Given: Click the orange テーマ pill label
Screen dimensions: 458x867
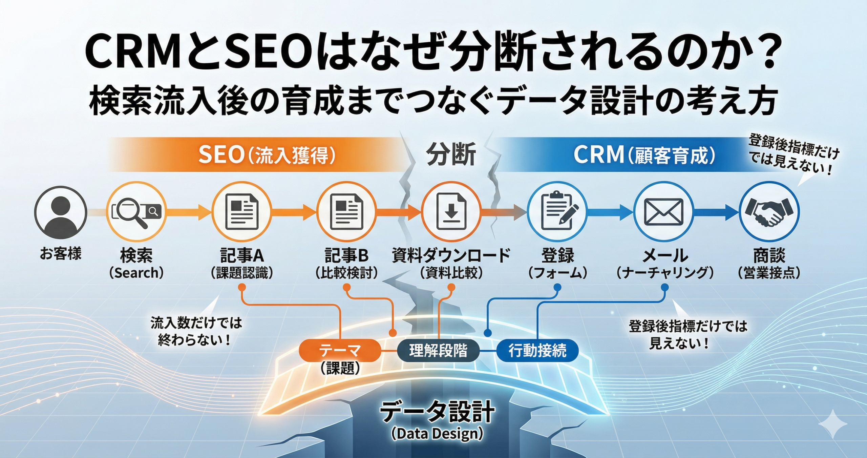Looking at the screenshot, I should point(340,350).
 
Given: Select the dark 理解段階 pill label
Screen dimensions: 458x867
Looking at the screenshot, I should point(438,350).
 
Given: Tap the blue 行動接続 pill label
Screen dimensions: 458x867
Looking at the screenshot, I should point(537,350).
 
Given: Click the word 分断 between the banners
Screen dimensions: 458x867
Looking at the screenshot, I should point(451,154).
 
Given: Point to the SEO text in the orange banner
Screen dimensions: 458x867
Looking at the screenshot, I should point(221,155).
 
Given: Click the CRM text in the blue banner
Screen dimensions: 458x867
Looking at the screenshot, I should point(598,155).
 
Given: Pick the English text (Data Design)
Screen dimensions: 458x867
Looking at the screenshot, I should point(437,434).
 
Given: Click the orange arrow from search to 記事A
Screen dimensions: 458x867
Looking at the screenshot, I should point(188,212).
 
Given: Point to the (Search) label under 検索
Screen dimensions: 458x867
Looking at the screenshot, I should point(136,273).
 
